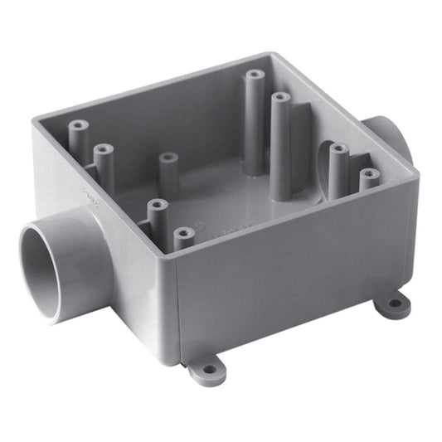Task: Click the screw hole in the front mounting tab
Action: (x=207, y=366)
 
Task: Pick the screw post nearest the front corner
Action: (x=184, y=237)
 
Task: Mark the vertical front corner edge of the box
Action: (x=174, y=315)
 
